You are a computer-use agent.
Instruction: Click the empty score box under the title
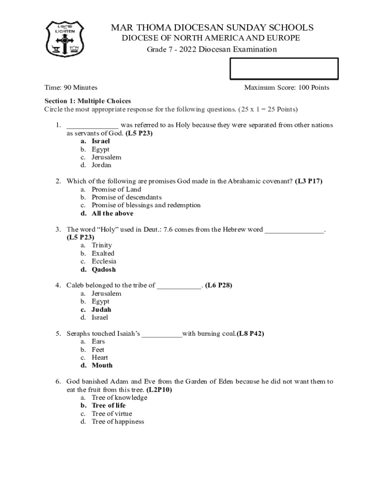[x=284, y=68]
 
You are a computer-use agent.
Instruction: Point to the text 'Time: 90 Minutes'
[x=71, y=88]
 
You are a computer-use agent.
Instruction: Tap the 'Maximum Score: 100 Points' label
[x=286, y=88]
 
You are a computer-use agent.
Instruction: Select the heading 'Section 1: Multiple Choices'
[x=87, y=101]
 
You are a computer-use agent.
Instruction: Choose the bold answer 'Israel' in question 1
[x=101, y=141]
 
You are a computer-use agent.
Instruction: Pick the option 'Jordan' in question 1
[x=101, y=165]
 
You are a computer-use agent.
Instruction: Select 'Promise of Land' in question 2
[x=116, y=190]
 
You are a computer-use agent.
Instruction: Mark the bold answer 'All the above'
[x=112, y=213]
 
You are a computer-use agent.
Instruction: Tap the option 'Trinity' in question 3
[x=102, y=245]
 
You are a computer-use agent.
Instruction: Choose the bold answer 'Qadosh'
[x=104, y=269]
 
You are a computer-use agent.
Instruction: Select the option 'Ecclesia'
[x=104, y=261]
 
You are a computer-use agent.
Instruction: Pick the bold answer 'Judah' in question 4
[x=101, y=309]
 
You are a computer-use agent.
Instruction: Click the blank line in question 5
[x=162, y=334]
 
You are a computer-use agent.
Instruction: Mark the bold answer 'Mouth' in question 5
[x=102, y=365]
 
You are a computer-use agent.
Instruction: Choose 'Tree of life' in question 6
[x=108, y=405]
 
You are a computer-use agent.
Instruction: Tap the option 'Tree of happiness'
[x=118, y=422]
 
